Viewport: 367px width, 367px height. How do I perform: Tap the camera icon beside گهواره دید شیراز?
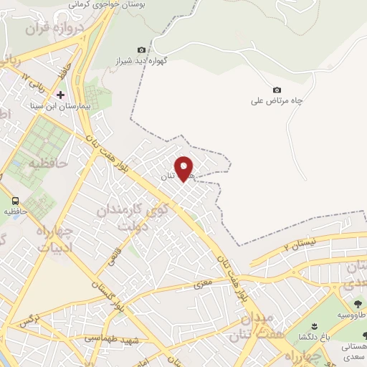pyautogui.click(x=141, y=49)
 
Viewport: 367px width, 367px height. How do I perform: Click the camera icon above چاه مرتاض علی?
pyautogui.click(x=277, y=90)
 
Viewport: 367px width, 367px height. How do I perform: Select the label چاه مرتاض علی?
pyautogui.click(x=277, y=101)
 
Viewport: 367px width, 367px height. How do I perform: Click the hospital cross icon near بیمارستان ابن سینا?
pyautogui.click(x=60, y=95)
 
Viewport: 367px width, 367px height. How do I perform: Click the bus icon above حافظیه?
pyautogui.click(x=14, y=201)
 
